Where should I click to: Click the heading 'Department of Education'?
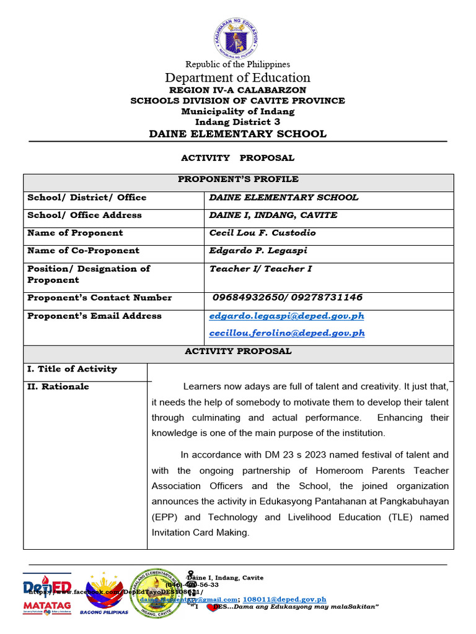click(x=237, y=77)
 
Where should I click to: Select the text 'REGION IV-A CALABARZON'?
click(x=237, y=90)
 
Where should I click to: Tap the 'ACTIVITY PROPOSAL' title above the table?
click(x=237, y=158)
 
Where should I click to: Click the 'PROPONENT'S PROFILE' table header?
click(x=238, y=180)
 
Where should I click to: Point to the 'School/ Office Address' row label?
click(x=84, y=215)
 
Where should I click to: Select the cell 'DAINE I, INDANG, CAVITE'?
click(x=273, y=215)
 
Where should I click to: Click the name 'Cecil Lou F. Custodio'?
click(x=263, y=233)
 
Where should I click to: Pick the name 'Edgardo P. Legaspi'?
click(x=258, y=251)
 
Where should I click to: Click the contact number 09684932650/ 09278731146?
click(x=288, y=298)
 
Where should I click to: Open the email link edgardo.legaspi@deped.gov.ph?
click(x=287, y=316)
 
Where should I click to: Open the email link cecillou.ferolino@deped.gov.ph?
click(x=287, y=333)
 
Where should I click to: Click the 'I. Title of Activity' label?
click(x=72, y=369)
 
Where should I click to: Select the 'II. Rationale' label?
click(x=58, y=387)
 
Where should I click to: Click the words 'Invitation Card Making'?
click(x=200, y=532)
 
